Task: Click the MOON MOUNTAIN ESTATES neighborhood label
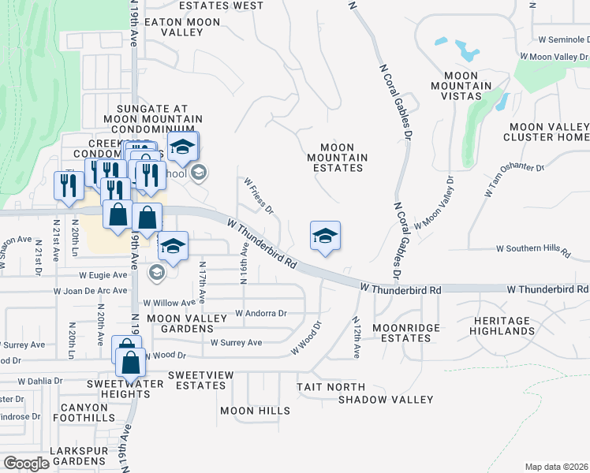343,158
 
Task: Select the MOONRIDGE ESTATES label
402,332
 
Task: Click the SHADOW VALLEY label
386,400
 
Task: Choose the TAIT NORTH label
330,387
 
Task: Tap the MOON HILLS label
255,411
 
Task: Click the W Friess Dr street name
258,196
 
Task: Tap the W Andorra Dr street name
260,313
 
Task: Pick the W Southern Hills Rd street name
532,249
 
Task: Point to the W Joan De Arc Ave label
90,290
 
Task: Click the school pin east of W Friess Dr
325,236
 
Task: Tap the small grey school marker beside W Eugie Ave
156,273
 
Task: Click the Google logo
27,464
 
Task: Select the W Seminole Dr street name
563,39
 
